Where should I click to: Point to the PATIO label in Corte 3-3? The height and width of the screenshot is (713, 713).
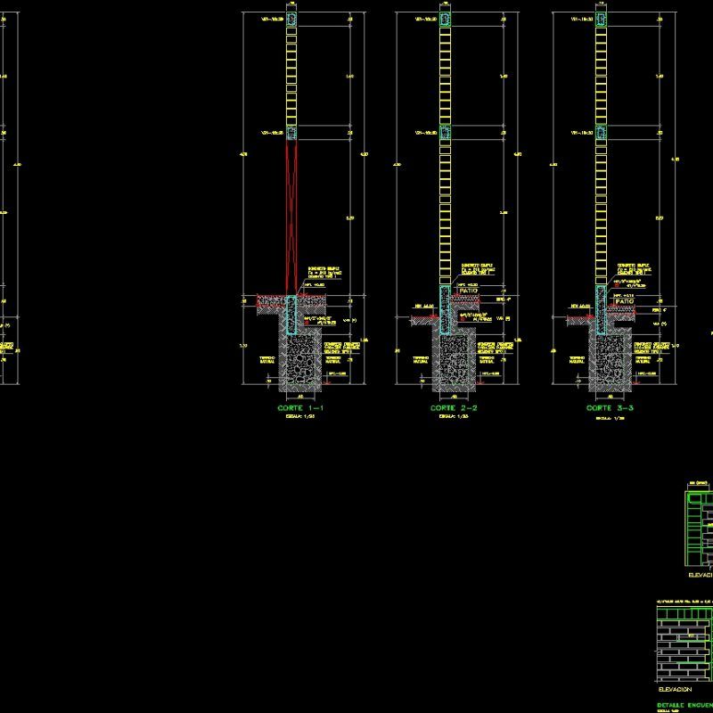pyautogui.click(x=624, y=302)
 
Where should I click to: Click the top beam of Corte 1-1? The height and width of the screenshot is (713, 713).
pyautogui.click(x=291, y=20)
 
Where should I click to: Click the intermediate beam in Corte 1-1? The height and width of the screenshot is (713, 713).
pyautogui.click(x=291, y=133)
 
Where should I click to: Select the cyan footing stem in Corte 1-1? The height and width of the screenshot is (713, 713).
pyautogui.click(x=291, y=314)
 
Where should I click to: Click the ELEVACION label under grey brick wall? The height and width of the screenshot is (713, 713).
pyautogui.click(x=675, y=689)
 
